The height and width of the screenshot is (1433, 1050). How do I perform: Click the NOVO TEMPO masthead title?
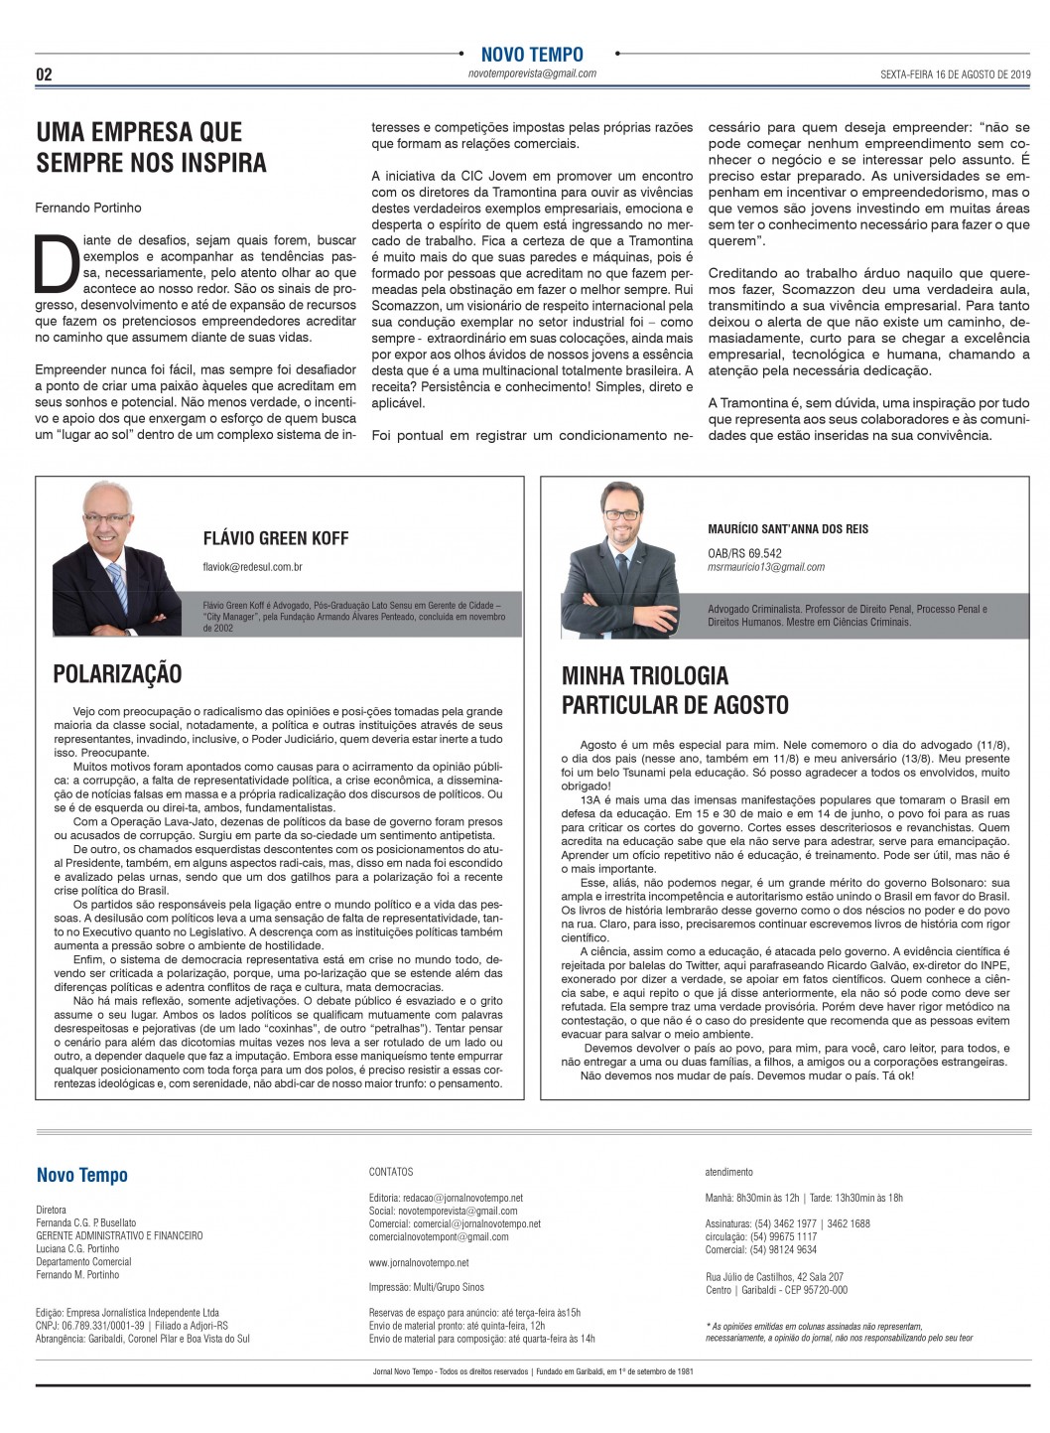(532, 55)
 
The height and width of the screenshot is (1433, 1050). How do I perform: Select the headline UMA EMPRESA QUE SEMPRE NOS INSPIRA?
(151, 147)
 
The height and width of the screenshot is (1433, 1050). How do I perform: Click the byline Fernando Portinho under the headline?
(88, 208)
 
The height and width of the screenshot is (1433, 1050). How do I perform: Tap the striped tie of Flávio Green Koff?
(118, 585)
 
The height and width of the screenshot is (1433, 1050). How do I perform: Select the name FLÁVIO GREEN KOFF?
(275, 538)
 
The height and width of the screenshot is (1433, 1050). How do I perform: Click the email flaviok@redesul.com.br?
(252, 567)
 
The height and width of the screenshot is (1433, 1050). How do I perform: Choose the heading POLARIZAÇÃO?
(117, 674)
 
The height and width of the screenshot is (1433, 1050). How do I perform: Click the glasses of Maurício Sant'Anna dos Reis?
(622, 513)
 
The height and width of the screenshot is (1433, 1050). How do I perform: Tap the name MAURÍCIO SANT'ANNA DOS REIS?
(788, 529)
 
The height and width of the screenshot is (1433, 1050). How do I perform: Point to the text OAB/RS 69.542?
(744, 553)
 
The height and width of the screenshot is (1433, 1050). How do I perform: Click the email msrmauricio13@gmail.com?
(766, 567)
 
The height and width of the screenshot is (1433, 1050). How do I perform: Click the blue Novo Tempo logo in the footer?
(82, 1176)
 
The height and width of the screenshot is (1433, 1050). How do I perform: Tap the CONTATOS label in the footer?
(391, 1172)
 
